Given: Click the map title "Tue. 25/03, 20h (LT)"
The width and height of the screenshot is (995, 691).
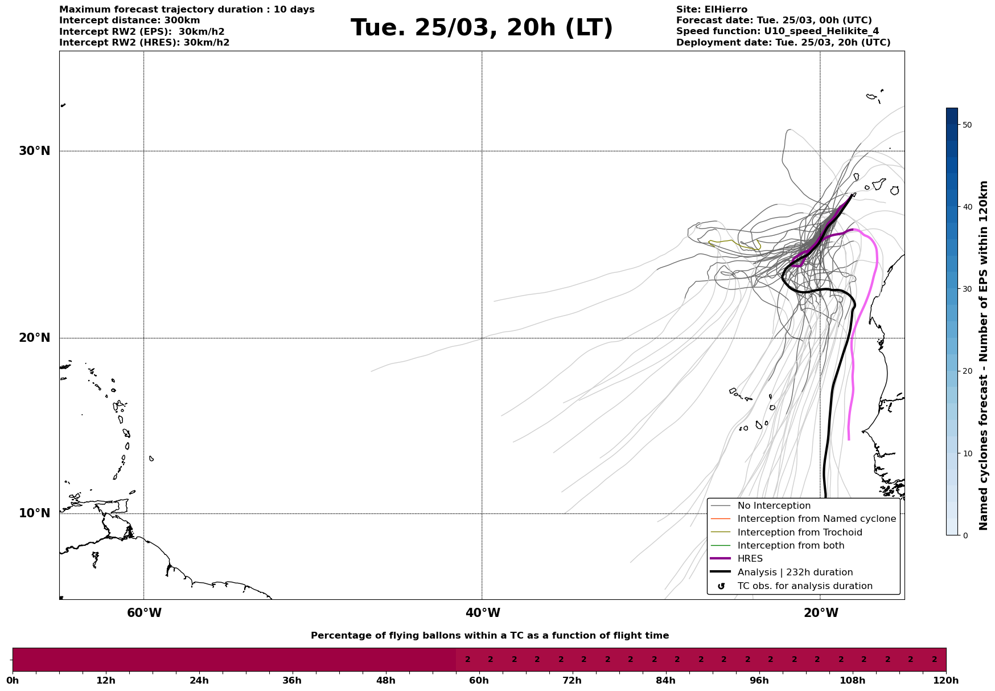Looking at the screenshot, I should tap(482, 28).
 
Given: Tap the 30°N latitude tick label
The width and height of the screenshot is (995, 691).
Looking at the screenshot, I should tap(35, 151).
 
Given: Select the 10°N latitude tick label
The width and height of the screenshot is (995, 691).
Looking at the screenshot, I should tap(35, 513).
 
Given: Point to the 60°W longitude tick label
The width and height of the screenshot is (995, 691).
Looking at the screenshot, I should tap(144, 613).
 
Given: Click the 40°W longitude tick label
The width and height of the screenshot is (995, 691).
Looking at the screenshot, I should tap(483, 613).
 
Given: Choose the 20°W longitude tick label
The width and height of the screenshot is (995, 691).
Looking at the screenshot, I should tap(821, 613).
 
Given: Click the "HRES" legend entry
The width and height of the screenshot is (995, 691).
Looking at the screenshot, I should tap(750, 559).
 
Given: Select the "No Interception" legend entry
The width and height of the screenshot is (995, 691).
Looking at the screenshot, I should tap(774, 506).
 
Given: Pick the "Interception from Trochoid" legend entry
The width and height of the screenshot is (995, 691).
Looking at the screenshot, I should tap(799, 533).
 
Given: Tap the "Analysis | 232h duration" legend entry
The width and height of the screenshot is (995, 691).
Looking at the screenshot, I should tap(795, 573).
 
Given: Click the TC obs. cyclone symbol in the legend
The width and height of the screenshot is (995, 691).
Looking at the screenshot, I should tap(721, 586).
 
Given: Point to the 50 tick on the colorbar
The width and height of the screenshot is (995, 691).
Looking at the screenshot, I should tap(967, 125).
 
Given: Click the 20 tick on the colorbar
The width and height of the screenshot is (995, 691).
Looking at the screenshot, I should tap(967, 371).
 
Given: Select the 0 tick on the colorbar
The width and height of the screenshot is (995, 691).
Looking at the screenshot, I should tap(965, 535).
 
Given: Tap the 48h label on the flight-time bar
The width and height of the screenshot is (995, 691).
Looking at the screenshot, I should tap(385, 680).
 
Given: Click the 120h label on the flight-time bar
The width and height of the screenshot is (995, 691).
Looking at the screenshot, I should tap(945, 680).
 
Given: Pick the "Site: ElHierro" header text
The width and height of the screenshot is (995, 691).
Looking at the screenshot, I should tap(712, 10).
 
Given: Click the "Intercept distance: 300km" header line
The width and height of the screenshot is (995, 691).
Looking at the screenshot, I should tap(129, 21).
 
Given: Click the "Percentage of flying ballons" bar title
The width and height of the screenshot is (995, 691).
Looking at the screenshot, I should tap(490, 636).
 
